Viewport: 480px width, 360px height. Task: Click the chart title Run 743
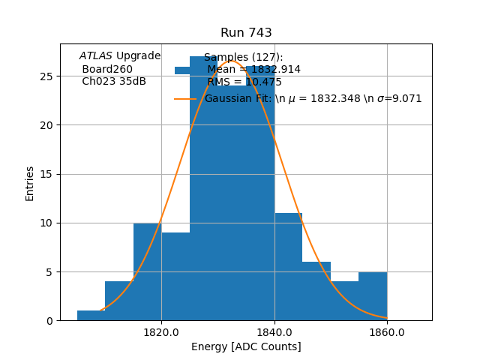point(246,33)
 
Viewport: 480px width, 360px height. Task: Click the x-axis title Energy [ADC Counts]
point(246,346)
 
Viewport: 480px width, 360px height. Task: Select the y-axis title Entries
point(30,183)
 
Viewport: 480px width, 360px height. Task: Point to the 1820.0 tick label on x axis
point(161,332)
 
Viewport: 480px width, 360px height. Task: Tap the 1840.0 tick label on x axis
point(274,332)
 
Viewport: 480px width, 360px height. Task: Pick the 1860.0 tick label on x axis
point(387,332)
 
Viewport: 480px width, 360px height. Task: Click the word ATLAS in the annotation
point(96,56)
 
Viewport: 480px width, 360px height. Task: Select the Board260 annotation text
point(107,69)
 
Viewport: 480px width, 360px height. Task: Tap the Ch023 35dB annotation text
point(114,82)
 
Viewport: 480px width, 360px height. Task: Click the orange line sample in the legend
point(185,99)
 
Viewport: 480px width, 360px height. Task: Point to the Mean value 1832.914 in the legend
point(253,70)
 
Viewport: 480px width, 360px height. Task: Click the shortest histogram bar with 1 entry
point(91,316)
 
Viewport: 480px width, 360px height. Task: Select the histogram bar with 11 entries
point(288,267)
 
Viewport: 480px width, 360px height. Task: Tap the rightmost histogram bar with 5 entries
point(373,296)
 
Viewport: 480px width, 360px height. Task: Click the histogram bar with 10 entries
point(147,271)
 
